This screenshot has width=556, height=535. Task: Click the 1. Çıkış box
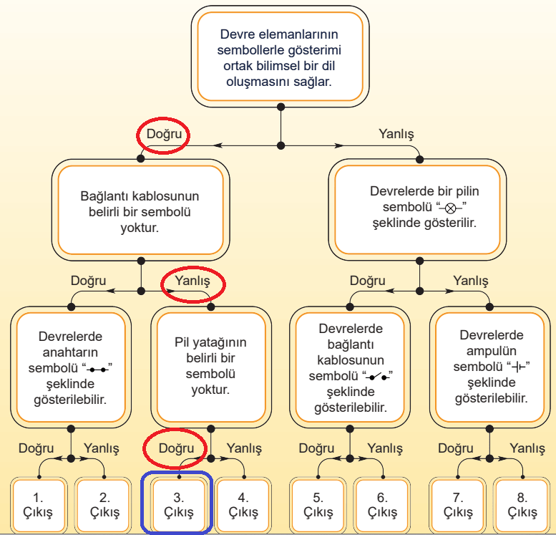[x=39, y=505]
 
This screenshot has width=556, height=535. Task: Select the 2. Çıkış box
[x=104, y=505]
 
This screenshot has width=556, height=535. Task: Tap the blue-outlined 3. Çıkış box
[x=178, y=505]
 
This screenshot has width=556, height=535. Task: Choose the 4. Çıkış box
[x=243, y=505]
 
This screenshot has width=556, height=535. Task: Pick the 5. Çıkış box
[x=318, y=505]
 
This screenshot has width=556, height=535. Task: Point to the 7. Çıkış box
[x=458, y=505]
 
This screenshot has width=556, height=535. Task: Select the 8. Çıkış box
[x=522, y=505]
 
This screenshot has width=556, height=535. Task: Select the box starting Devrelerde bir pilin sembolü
[x=419, y=208]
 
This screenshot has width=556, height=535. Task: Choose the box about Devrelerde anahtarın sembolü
[x=71, y=365]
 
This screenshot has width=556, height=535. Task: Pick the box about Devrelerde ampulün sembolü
[x=491, y=365]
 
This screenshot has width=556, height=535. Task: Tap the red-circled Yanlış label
[x=193, y=281]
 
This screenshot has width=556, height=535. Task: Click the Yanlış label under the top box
[x=396, y=134]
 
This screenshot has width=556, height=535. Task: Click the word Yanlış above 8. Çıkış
[x=527, y=448]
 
